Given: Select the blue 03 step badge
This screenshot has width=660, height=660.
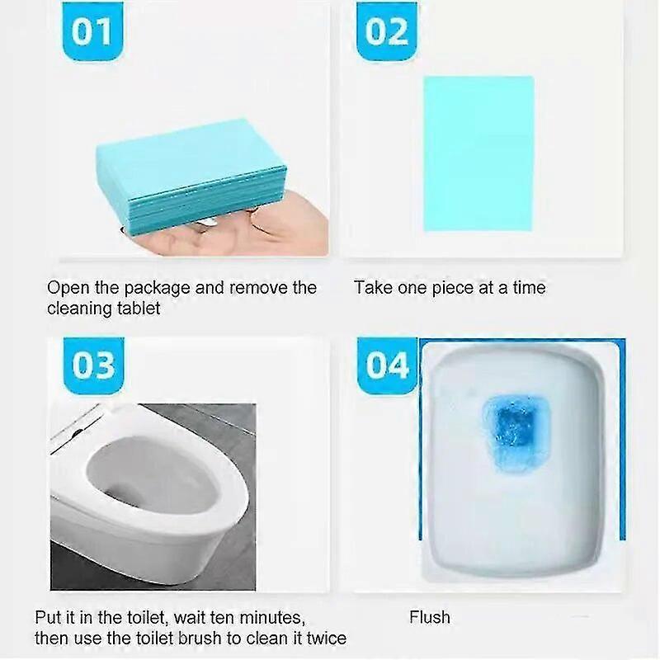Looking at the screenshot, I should coord(92,364).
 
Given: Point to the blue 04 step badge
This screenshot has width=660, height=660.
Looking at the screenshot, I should coord(387,364).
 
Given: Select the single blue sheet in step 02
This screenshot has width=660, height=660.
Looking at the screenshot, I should coord(478,153).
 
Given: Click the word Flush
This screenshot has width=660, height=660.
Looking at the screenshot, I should coord(430,617).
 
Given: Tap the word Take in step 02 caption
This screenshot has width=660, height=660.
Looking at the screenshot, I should coord(372,288).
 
